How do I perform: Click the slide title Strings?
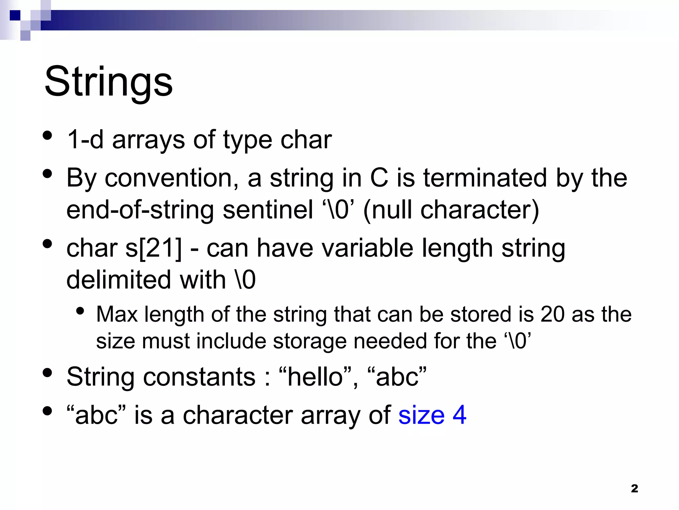(108, 82)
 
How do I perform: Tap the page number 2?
(634, 488)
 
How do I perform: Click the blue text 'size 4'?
(432, 415)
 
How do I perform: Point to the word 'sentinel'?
(268, 210)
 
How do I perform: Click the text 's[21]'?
(154, 248)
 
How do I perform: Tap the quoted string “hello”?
(315, 377)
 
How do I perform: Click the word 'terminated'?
(485, 178)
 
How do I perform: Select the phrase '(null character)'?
(451, 210)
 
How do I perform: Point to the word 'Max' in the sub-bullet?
(117, 314)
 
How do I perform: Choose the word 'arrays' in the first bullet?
(148, 140)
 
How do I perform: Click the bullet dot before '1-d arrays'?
(48, 135)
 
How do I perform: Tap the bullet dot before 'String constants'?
(48, 373)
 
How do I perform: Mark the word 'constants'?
(199, 377)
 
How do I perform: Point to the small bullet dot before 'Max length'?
(80, 311)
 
